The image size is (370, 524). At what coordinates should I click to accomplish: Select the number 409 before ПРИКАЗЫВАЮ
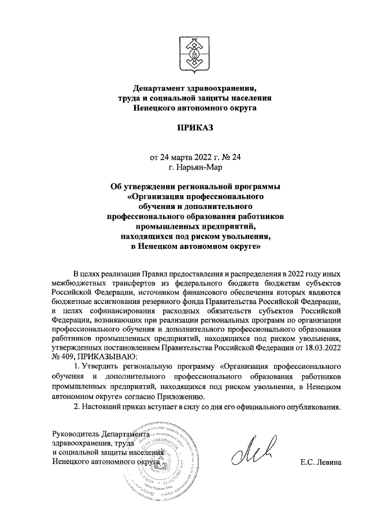pos(67,362)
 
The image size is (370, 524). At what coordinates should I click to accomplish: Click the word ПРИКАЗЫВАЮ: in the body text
pos(108,362)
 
